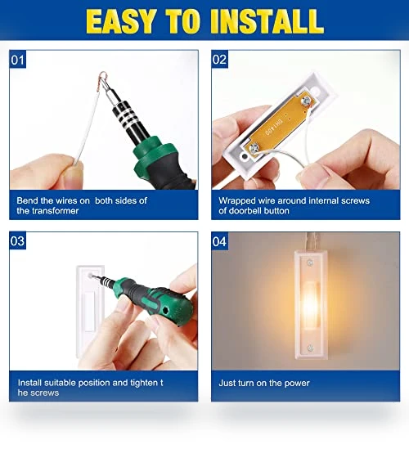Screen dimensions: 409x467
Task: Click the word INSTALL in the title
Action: tap(267, 20)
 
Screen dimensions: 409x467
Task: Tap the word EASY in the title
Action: tap(121, 20)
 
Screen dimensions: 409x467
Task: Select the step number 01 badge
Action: tap(17, 60)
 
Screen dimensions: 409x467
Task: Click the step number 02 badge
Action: tap(219, 59)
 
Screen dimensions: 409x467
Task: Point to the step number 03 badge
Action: tap(17, 240)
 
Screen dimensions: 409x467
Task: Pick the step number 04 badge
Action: tap(219, 241)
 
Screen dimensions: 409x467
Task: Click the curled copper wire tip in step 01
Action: tap(103, 78)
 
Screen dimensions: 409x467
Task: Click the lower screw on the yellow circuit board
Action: tap(254, 147)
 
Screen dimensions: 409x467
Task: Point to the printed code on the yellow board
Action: tap(273, 127)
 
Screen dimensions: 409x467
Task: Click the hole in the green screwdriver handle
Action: tap(165, 311)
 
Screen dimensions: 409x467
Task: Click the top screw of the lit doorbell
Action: tap(310, 263)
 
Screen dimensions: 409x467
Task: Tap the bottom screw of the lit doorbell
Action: tap(310, 348)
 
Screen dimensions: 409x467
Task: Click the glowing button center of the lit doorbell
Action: tap(310, 305)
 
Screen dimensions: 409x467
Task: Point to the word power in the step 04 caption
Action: tap(297, 384)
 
